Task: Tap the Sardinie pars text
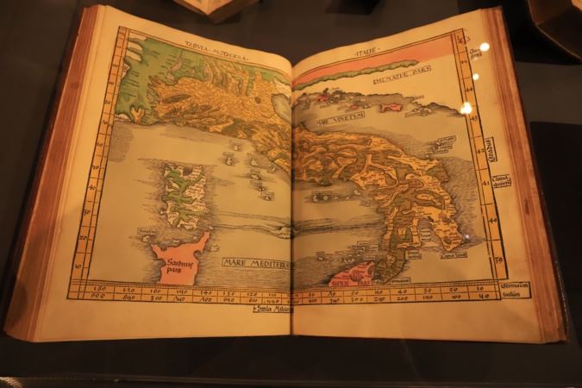177,261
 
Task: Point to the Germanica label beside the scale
515,285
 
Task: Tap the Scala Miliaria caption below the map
272,308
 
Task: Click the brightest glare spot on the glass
466,108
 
